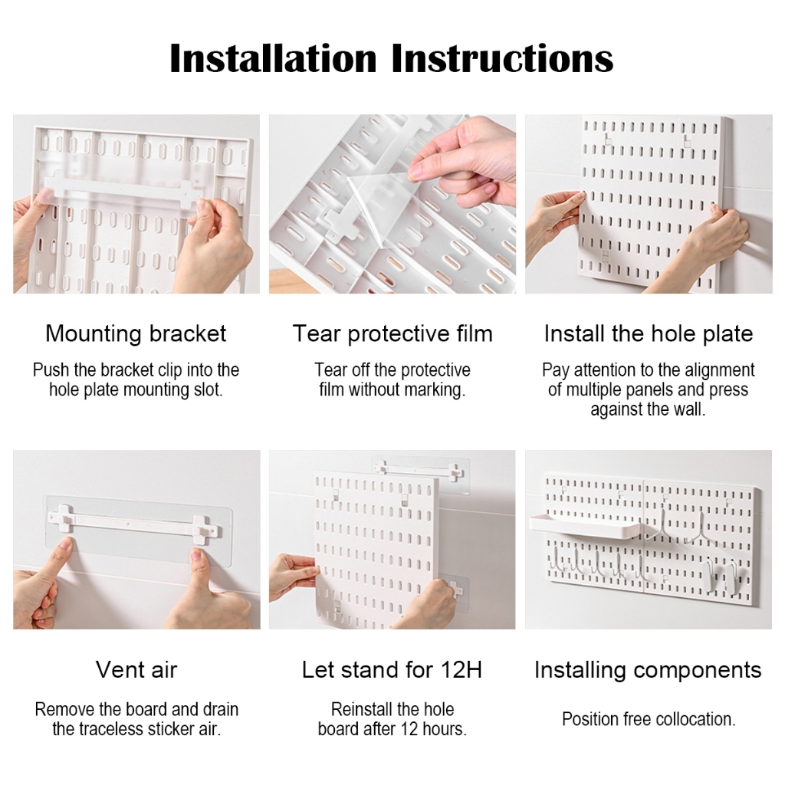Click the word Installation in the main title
(x=273, y=58)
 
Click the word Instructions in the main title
(x=502, y=58)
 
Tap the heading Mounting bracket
(x=136, y=334)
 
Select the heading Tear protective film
(x=392, y=334)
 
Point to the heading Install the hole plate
(x=649, y=334)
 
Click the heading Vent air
(x=136, y=669)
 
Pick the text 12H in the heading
(x=461, y=669)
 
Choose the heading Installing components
(x=648, y=670)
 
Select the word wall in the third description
(x=689, y=409)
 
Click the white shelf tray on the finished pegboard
(x=585, y=525)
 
